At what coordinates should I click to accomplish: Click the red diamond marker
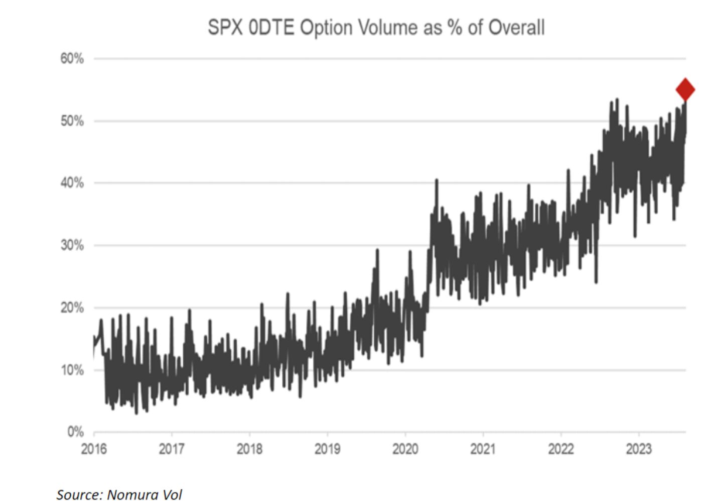685,90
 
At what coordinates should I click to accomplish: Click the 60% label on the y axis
72,59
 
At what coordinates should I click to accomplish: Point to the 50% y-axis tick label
72,121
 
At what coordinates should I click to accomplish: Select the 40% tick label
72,183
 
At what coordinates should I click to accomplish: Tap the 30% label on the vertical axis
72,245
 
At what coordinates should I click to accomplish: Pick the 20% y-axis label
72,308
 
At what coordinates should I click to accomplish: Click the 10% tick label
72,370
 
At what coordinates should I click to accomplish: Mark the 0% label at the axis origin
75,432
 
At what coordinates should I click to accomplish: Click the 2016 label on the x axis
94,449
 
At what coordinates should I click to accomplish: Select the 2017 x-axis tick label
172,449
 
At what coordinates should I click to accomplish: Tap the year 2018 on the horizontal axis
249,449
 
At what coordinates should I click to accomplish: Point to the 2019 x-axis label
327,449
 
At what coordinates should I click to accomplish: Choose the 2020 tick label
405,449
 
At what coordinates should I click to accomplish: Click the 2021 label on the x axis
483,449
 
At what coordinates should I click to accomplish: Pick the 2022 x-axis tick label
560,449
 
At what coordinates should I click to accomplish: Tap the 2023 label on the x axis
638,449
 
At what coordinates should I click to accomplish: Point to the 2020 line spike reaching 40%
437,181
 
